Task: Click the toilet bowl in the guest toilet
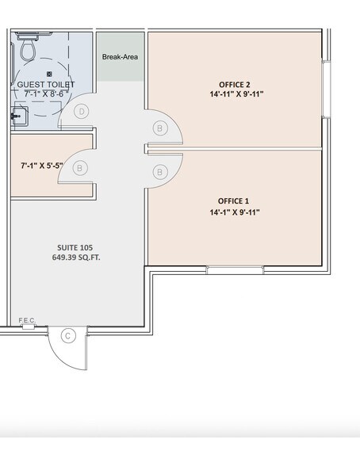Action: point(27,51)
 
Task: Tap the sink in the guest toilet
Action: point(18,116)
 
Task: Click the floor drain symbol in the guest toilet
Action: point(49,74)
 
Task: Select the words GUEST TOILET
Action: point(45,84)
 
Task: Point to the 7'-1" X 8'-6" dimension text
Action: point(45,94)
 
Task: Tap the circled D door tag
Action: point(81,112)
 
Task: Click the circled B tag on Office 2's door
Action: point(161,128)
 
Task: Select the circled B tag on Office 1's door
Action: point(161,171)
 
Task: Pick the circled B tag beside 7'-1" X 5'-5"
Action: point(81,167)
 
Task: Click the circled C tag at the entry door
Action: point(68,336)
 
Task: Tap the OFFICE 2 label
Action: point(235,83)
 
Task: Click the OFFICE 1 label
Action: point(235,201)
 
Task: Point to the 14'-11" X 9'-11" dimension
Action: point(236,94)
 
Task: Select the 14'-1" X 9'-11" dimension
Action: point(235,212)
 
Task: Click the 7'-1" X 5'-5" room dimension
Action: point(42,167)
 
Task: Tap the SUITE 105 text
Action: point(76,247)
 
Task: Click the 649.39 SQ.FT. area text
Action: point(76,258)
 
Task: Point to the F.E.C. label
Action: point(27,320)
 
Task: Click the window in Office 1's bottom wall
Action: point(235,270)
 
